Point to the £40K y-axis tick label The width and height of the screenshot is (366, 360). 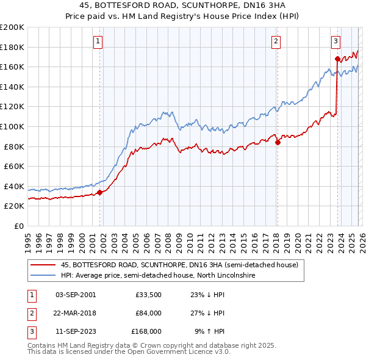tap(13, 186)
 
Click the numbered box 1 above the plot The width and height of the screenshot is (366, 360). tap(98, 41)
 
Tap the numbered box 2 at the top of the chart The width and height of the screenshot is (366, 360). tap(276, 41)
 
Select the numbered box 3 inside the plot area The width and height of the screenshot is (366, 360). tap(335, 41)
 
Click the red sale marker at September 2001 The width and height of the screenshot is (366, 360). tap(99, 192)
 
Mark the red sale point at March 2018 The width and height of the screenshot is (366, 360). tap(278, 142)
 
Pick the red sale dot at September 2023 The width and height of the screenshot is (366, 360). tap(337, 59)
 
